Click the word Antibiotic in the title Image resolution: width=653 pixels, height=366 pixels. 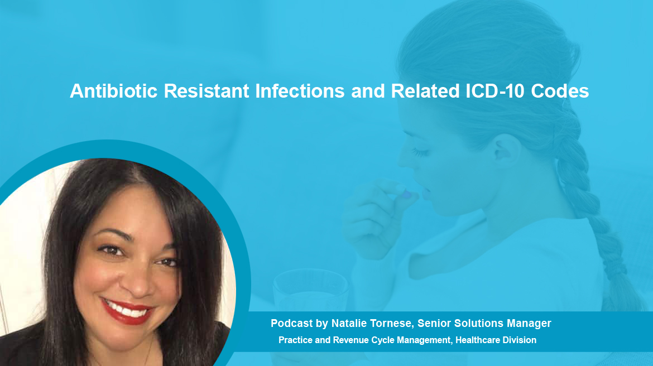click(x=114, y=91)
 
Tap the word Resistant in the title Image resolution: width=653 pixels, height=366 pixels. click(x=207, y=91)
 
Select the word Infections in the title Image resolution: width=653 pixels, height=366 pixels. click(x=300, y=91)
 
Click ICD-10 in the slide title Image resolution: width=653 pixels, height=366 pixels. click(x=494, y=91)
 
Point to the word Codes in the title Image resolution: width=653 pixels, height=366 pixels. click(x=560, y=91)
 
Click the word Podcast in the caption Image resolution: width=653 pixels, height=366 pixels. click(x=291, y=324)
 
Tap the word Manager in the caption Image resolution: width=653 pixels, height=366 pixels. click(x=529, y=324)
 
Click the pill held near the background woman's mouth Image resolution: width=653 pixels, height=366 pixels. click(x=406, y=194)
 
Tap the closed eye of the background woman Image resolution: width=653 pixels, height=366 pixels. click(x=420, y=152)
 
